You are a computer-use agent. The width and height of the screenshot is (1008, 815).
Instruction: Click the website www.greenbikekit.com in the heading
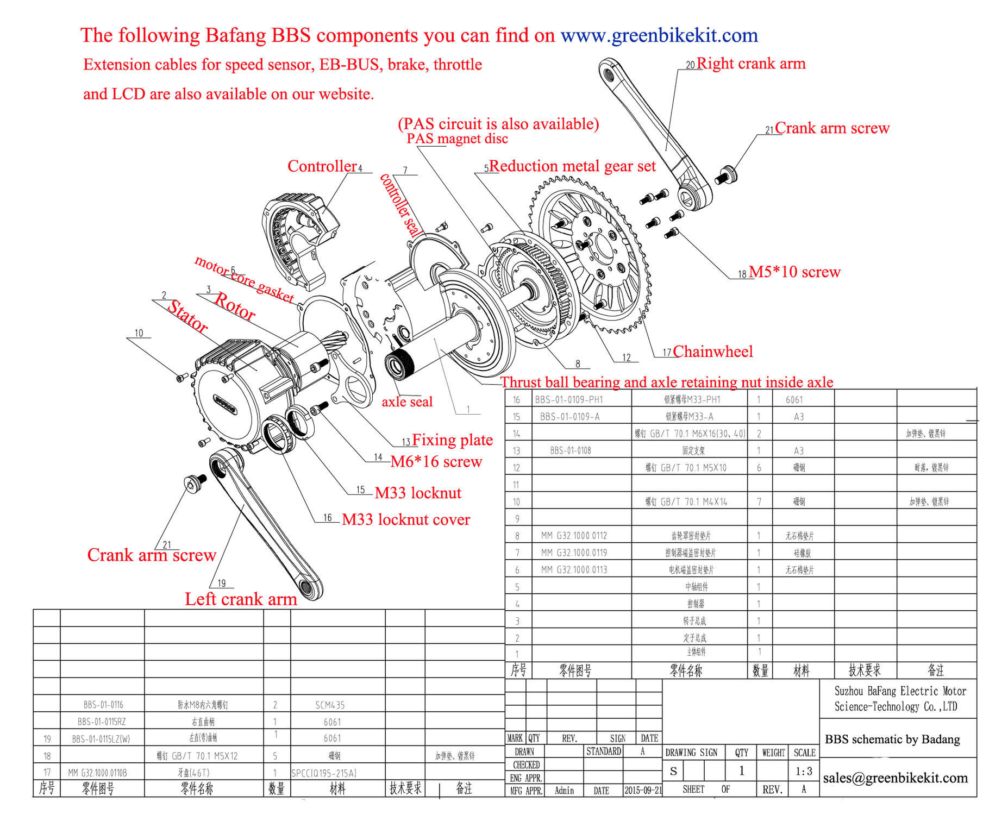(659, 35)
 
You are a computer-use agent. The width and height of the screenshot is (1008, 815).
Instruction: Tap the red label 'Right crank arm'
(750, 64)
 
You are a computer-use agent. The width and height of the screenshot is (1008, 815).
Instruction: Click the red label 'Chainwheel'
(712, 352)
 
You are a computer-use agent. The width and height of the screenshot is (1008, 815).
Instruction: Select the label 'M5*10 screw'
(794, 272)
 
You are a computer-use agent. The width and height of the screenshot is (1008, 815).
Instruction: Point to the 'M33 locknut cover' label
(405, 519)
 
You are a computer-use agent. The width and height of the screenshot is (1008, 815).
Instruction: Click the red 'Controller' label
(322, 166)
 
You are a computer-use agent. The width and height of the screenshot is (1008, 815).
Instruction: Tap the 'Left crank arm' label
(241, 599)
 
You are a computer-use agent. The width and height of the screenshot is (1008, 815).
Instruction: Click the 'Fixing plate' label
(452, 440)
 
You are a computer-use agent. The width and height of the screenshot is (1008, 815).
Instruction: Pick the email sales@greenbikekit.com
(895, 778)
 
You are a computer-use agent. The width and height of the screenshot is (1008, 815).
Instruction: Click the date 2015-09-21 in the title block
(643, 790)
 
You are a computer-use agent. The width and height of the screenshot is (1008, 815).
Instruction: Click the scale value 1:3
(804, 771)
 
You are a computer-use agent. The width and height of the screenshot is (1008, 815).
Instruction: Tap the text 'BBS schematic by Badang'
(892, 739)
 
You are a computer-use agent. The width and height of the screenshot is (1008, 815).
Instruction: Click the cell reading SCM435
(330, 705)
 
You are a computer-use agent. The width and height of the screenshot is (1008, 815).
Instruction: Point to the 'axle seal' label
(407, 402)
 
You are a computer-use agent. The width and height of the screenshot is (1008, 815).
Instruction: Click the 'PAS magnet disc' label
(457, 139)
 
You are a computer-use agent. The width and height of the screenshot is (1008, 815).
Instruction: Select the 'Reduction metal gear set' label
(572, 166)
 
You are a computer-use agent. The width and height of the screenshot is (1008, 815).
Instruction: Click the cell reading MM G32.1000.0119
(574, 553)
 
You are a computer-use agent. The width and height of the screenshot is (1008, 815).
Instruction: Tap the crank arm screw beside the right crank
(725, 175)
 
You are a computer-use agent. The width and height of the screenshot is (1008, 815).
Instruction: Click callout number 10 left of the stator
(139, 333)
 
